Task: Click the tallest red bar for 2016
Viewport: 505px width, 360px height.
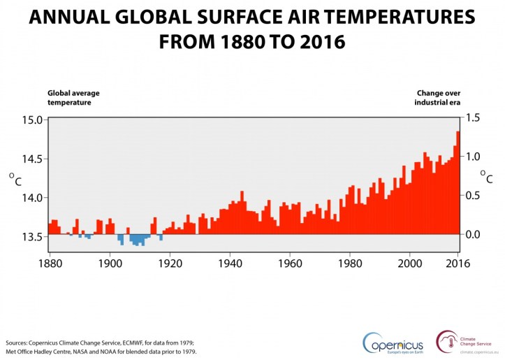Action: pos(458,182)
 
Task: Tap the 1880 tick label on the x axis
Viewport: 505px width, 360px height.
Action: pos(48,264)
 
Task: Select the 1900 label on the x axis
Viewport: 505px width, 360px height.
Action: pos(109,264)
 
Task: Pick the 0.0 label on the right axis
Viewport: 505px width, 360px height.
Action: pos(476,234)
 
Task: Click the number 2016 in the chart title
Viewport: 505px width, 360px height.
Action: pos(319,42)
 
